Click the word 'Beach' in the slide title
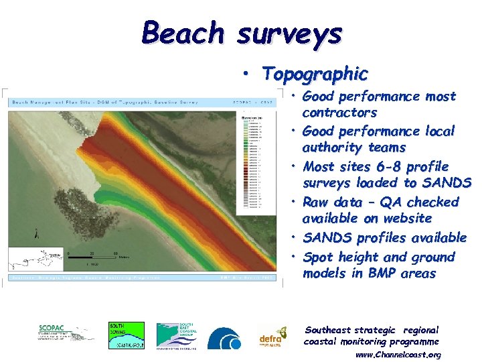183,33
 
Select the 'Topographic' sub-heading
315,74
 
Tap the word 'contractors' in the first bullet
339,113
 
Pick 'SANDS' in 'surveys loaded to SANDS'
448,183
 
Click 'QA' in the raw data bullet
388,202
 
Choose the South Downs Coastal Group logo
127,335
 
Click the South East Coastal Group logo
177,335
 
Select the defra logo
272,337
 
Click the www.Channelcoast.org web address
398,355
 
